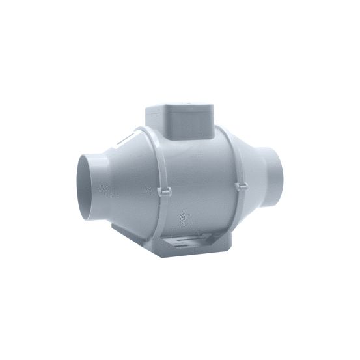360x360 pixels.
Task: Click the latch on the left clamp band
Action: (x=164, y=193)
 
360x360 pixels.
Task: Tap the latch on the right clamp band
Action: (x=240, y=186)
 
